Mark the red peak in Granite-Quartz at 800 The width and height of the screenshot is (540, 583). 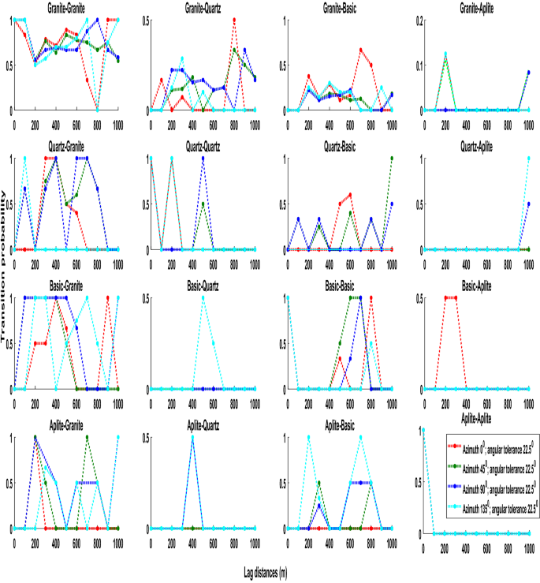click(x=234, y=20)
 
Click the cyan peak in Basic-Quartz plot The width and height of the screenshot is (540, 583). click(x=203, y=298)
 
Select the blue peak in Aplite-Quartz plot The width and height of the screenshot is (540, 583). click(x=192, y=437)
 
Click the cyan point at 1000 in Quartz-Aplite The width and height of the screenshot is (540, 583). click(x=529, y=159)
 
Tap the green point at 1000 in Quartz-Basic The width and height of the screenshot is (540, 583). click(x=392, y=159)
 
